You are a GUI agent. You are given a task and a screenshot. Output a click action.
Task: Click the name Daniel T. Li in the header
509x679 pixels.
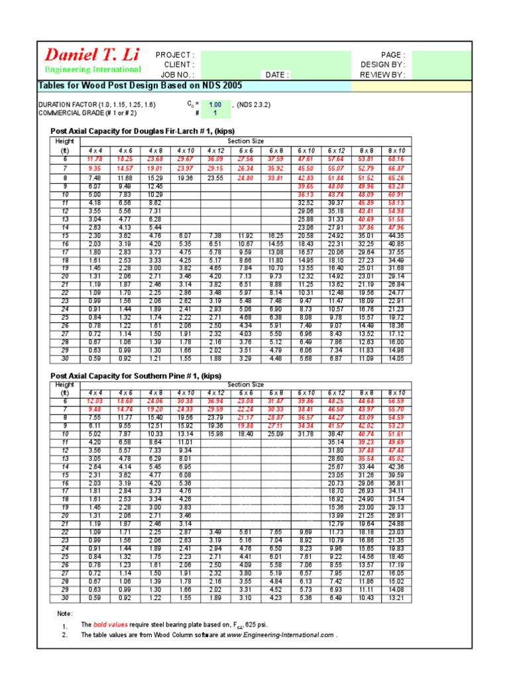tap(91, 55)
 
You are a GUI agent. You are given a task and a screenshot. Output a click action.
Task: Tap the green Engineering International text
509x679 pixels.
tap(92, 69)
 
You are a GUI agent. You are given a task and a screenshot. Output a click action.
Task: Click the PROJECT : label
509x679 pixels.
tap(175, 55)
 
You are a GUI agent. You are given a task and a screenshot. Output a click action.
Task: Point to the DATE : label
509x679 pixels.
tap(278, 75)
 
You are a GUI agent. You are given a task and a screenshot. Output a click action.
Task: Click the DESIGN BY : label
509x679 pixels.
tap(383, 65)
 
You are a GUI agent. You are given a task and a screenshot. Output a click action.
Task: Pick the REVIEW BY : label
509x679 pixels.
tap(382, 75)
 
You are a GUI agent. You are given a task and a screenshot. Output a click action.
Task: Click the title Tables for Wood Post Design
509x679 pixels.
tap(141, 86)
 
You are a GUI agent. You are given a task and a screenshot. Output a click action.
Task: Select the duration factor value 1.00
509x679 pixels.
tap(215, 105)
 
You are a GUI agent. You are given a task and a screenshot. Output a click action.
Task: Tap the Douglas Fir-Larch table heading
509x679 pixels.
tap(142, 131)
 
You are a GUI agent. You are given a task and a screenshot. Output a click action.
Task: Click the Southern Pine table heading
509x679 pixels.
tap(136, 376)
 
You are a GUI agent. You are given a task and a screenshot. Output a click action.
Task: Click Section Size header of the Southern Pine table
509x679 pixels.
tap(245, 385)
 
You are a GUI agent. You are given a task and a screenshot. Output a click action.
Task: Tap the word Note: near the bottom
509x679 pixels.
tap(65, 613)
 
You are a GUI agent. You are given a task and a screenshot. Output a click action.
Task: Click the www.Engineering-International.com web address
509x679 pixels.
tap(280, 635)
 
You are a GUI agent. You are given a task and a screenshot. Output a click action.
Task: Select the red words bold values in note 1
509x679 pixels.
tap(108, 625)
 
